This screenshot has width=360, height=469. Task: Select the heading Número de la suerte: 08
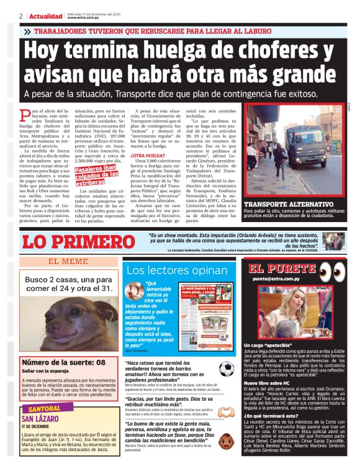pos(64,362)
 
